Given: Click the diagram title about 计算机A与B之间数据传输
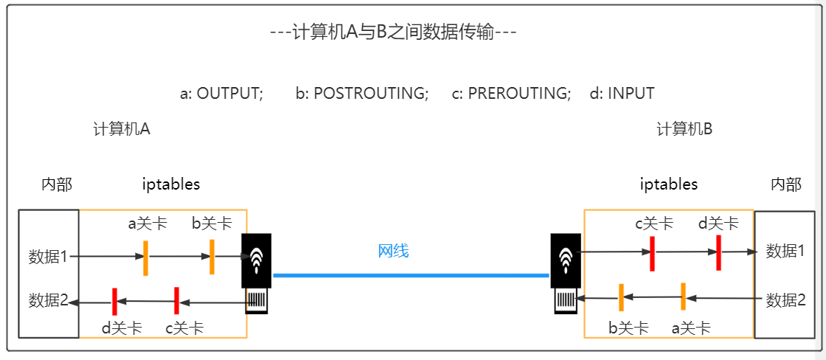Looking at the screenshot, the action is (392, 33).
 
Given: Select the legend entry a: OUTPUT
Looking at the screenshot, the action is (221, 94).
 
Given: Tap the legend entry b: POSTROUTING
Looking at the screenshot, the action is (362, 94).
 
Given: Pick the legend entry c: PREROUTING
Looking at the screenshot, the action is (512, 94).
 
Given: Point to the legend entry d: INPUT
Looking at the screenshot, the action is (622, 94).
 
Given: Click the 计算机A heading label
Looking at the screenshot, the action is (122, 129).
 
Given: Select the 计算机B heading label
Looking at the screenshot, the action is (684, 129).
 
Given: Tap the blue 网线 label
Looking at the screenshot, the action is (393, 251).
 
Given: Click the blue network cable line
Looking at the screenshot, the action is (410, 275).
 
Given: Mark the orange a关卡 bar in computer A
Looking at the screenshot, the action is (146, 257).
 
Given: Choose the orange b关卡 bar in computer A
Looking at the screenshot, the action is (212, 257).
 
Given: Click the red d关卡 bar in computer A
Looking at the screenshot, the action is (114, 301).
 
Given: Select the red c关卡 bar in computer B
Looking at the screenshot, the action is (652, 253).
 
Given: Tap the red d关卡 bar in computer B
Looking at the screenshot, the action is (718, 252).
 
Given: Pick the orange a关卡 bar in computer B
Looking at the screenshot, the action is (684, 297).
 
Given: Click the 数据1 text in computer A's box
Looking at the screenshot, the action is (49, 257).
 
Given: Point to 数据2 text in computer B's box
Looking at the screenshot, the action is (786, 300).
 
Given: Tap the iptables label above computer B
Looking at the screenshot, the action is (668, 184).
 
